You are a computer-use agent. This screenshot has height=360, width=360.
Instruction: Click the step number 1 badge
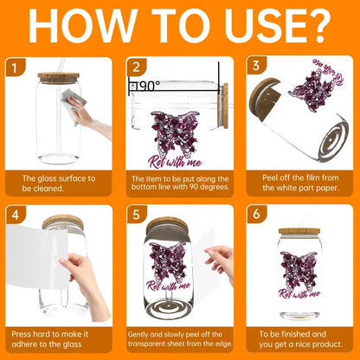tap(15, 67)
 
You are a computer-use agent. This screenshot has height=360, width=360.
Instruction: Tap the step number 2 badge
tap(136, 67)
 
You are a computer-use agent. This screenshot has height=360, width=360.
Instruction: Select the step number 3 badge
tap(256, 66)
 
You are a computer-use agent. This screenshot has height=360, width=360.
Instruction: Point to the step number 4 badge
tap(16, 215)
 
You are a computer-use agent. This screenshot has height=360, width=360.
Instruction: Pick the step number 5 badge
tap(136, 215)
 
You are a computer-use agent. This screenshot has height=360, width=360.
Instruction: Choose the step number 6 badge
tap(256, 215)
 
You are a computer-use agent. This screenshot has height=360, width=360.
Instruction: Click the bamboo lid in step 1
tap(59, 78)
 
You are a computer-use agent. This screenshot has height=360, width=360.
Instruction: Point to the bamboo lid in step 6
tap(299, 231)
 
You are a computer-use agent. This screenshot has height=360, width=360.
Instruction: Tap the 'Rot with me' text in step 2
tap(175, 162)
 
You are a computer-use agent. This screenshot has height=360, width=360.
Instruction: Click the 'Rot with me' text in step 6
tap(299, 293)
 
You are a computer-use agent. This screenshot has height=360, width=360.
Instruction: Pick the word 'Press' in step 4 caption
tap(21, 334)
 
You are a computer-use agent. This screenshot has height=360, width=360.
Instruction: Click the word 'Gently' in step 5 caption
tap(138, 335)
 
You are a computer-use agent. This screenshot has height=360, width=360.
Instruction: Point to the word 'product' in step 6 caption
tap(326, 344)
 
